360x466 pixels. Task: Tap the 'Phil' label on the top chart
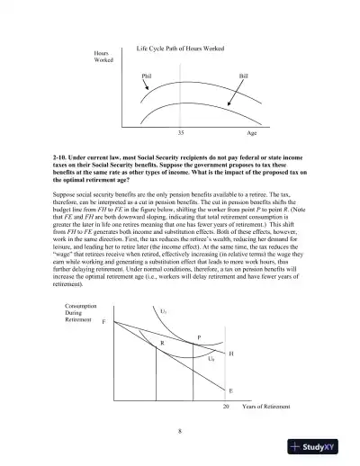(x=147, y=76)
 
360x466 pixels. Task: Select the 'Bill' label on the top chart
(x=242, y=76)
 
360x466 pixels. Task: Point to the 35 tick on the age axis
(x=181, y=131)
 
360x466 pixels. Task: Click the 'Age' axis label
(x=253, y=131)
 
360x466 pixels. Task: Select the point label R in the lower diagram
(x=162, y=343)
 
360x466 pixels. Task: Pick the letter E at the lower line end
(x=231, y=390)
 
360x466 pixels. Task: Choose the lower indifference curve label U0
(x=211, y=358)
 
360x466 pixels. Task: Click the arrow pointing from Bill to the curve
(x=236, y=86)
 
